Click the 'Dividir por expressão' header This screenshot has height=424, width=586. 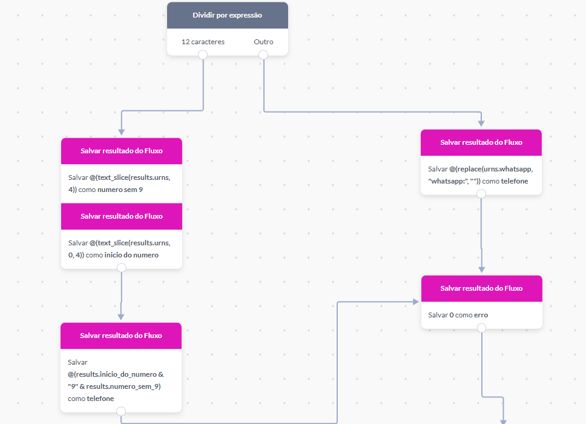(x=227, y=15)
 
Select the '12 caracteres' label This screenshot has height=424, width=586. (x=203, y=42)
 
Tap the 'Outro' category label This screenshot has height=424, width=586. (x=263, y=42)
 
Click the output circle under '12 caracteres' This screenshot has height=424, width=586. (x=203, y=55)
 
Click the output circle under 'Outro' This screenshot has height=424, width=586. (x=263, y=55)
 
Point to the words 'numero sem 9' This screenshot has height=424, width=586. (x=120, y=190)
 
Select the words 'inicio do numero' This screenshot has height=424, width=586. (x=131, y=255)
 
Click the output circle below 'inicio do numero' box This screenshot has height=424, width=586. (x=122, y=268)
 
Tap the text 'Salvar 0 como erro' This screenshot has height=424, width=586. (x=458, y=315)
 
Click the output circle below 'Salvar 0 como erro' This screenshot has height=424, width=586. (x=481, y=328)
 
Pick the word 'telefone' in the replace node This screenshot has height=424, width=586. (x=515, y=181)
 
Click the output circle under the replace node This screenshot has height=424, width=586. (x=481, y=194)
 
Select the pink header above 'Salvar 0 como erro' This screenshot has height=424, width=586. (x=481, y=288)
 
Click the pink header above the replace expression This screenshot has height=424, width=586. (x=481, y=142)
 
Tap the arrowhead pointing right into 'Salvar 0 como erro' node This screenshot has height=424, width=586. (x=415, y=302)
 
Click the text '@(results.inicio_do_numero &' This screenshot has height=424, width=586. (x=116, y=374)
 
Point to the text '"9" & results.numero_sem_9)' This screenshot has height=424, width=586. (x=114, y=386)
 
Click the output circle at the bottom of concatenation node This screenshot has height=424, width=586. (x=121, y=411)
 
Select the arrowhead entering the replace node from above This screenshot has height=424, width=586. (x=481, y=124)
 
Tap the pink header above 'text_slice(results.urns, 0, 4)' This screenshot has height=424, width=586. (x=122, y=216)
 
